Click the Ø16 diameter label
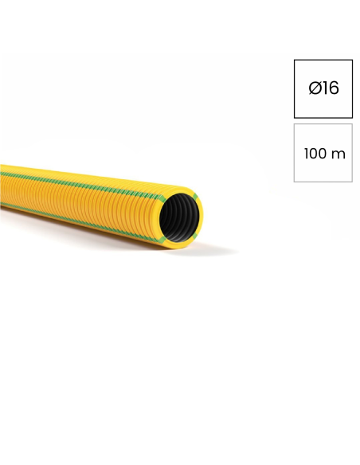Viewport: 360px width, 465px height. point(323,88)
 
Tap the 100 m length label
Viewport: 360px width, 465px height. point(324,154)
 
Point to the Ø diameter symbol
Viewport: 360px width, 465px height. point(315,88)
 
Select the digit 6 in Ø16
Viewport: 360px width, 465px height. point(334,88)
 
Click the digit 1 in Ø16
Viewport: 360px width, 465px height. point(325,88)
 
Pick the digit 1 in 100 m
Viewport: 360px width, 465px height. point(306,154)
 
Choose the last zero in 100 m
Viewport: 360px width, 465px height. point(324,154)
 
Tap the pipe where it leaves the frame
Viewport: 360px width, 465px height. point(2,188)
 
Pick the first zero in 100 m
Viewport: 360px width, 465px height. point(315,154)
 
